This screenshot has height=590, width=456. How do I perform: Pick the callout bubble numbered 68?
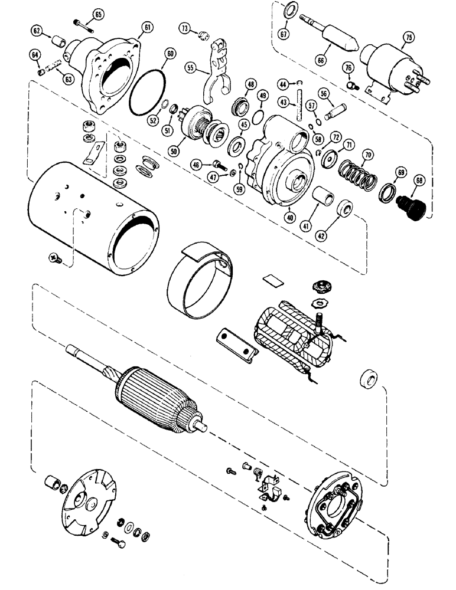(420, 179)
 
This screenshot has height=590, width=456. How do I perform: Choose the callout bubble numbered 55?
(190, 68)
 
